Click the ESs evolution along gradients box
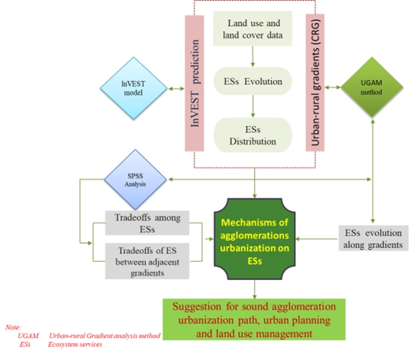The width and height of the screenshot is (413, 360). click(x=374, y=237)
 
